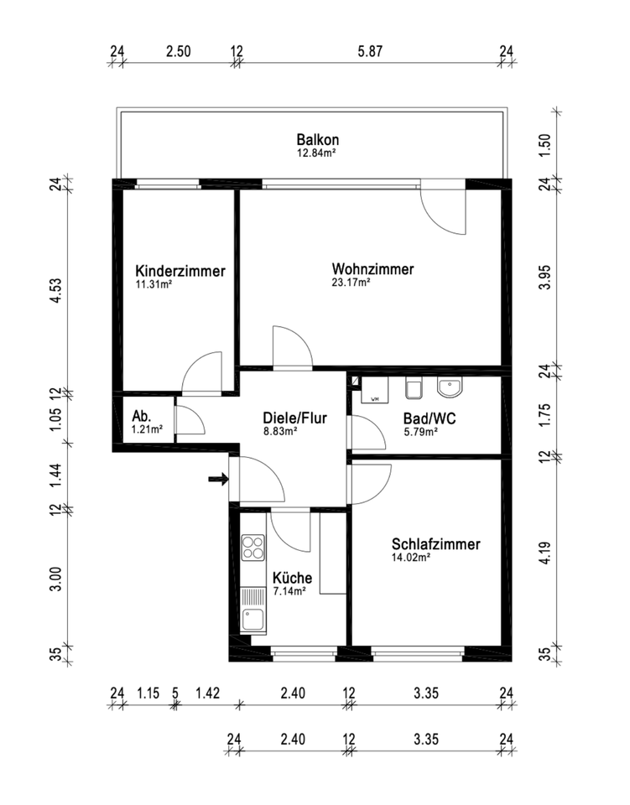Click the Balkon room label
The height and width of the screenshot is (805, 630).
[x=317, y=139]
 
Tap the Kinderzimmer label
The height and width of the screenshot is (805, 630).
[x=180, y=272]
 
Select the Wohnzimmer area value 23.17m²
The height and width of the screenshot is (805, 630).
[x=351, y=283]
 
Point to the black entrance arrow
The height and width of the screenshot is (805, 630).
[x=218, y=480]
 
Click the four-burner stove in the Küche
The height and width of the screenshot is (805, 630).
[x=253, y=548]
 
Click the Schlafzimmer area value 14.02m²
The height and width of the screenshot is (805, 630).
[x=411, y=557]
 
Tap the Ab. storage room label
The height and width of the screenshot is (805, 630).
[x=141, y=417]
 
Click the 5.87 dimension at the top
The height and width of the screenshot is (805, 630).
[x=370, y=51]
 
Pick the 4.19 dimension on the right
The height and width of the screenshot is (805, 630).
[x=545, y=553]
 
